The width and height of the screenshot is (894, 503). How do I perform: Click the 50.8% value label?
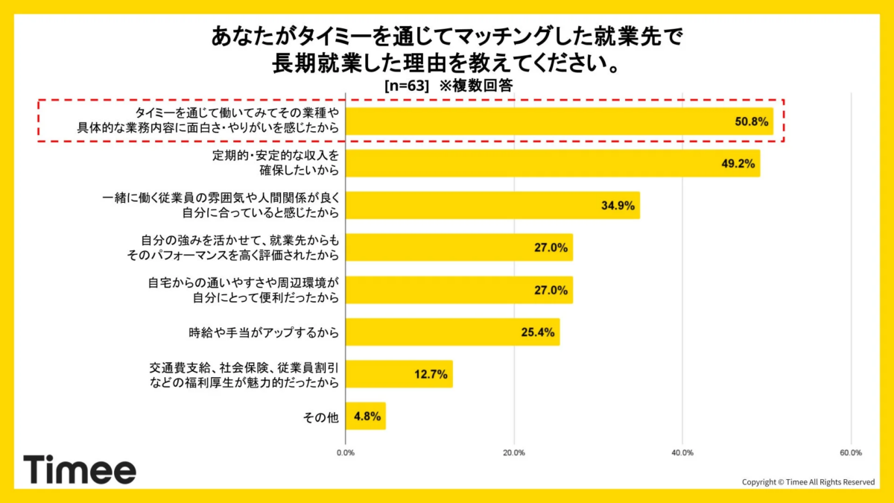[751, 121]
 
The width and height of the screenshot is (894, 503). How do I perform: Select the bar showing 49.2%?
[552, 163]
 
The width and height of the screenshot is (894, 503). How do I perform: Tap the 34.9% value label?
[618, 206]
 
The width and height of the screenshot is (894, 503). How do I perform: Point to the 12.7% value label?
[431, 375]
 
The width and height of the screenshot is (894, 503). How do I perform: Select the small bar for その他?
[365, 417]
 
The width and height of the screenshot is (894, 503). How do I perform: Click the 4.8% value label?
[365, 417]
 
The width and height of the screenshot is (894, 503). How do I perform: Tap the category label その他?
[320, 417]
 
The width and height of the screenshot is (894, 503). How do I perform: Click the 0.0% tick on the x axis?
[346, 452]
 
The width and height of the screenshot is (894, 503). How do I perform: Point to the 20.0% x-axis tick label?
[514, 452]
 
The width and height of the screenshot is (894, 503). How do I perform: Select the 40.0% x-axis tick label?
[682, 452]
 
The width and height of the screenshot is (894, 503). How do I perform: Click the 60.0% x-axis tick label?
[851, 452]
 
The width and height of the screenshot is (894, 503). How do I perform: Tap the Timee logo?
[80, 470]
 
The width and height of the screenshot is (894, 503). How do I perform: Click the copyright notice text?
[808, 482]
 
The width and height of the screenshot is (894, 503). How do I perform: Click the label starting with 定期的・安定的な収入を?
[276, 163]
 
